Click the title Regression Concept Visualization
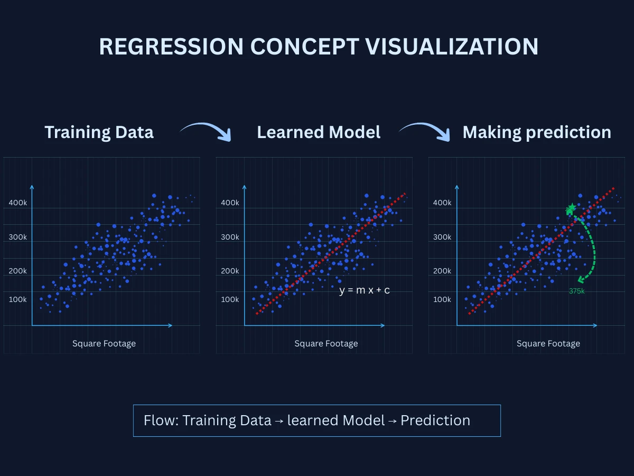pos(319,47)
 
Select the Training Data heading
pos(99,132)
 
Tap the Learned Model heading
pos(319,132)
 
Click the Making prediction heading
pos(537,132)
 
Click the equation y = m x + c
pos(364,290)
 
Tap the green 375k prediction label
pos(576,291)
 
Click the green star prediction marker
pos(571,208)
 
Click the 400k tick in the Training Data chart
pos(17,203)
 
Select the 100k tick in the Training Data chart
pos(17,299)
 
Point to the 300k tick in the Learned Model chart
pos(230,237)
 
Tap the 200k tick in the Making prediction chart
pos(442,271)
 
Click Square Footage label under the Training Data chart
pos(104,344)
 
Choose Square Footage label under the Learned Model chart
pos(326,344)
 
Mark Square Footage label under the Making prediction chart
pos(548,344)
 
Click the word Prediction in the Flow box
pos(435,420)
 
